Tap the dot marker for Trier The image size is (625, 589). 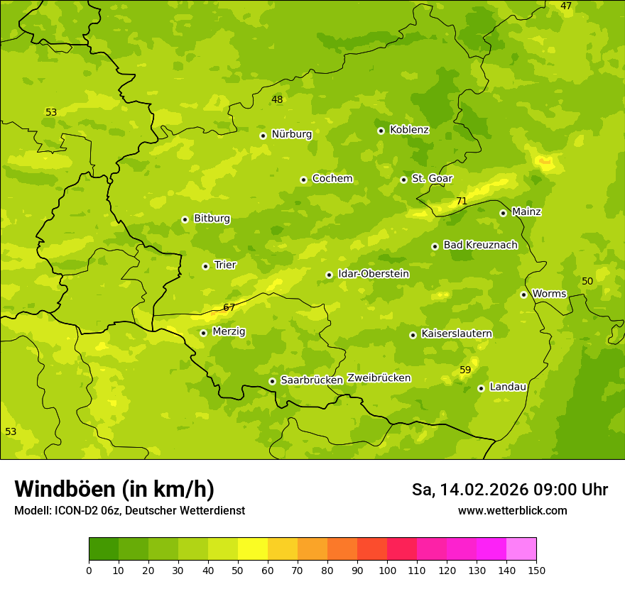coord(205,266)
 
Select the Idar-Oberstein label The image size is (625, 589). coord(374,274)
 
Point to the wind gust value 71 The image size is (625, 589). coord(462,202)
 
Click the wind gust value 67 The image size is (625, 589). coord(229,307)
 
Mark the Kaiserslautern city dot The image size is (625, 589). coord(413,335)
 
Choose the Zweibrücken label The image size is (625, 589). coord(379,378)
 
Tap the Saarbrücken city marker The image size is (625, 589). coord(272,381)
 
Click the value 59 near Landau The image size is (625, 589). coord(465,370)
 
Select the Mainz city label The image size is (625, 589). coord(526,211)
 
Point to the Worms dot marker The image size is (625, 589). coord(523,294)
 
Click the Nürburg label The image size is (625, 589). coord(291,134)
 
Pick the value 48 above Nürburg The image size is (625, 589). coord(277,99)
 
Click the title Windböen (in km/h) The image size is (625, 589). coord(114,489)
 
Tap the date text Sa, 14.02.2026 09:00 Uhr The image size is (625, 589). coord(509,490)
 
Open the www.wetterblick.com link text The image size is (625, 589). coord(512,510)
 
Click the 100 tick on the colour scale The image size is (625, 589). coord(387,569)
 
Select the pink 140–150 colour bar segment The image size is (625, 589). coord(521,549)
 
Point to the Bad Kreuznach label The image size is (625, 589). coord(480,245)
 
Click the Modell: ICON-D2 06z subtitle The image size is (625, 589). coord(129,510)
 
